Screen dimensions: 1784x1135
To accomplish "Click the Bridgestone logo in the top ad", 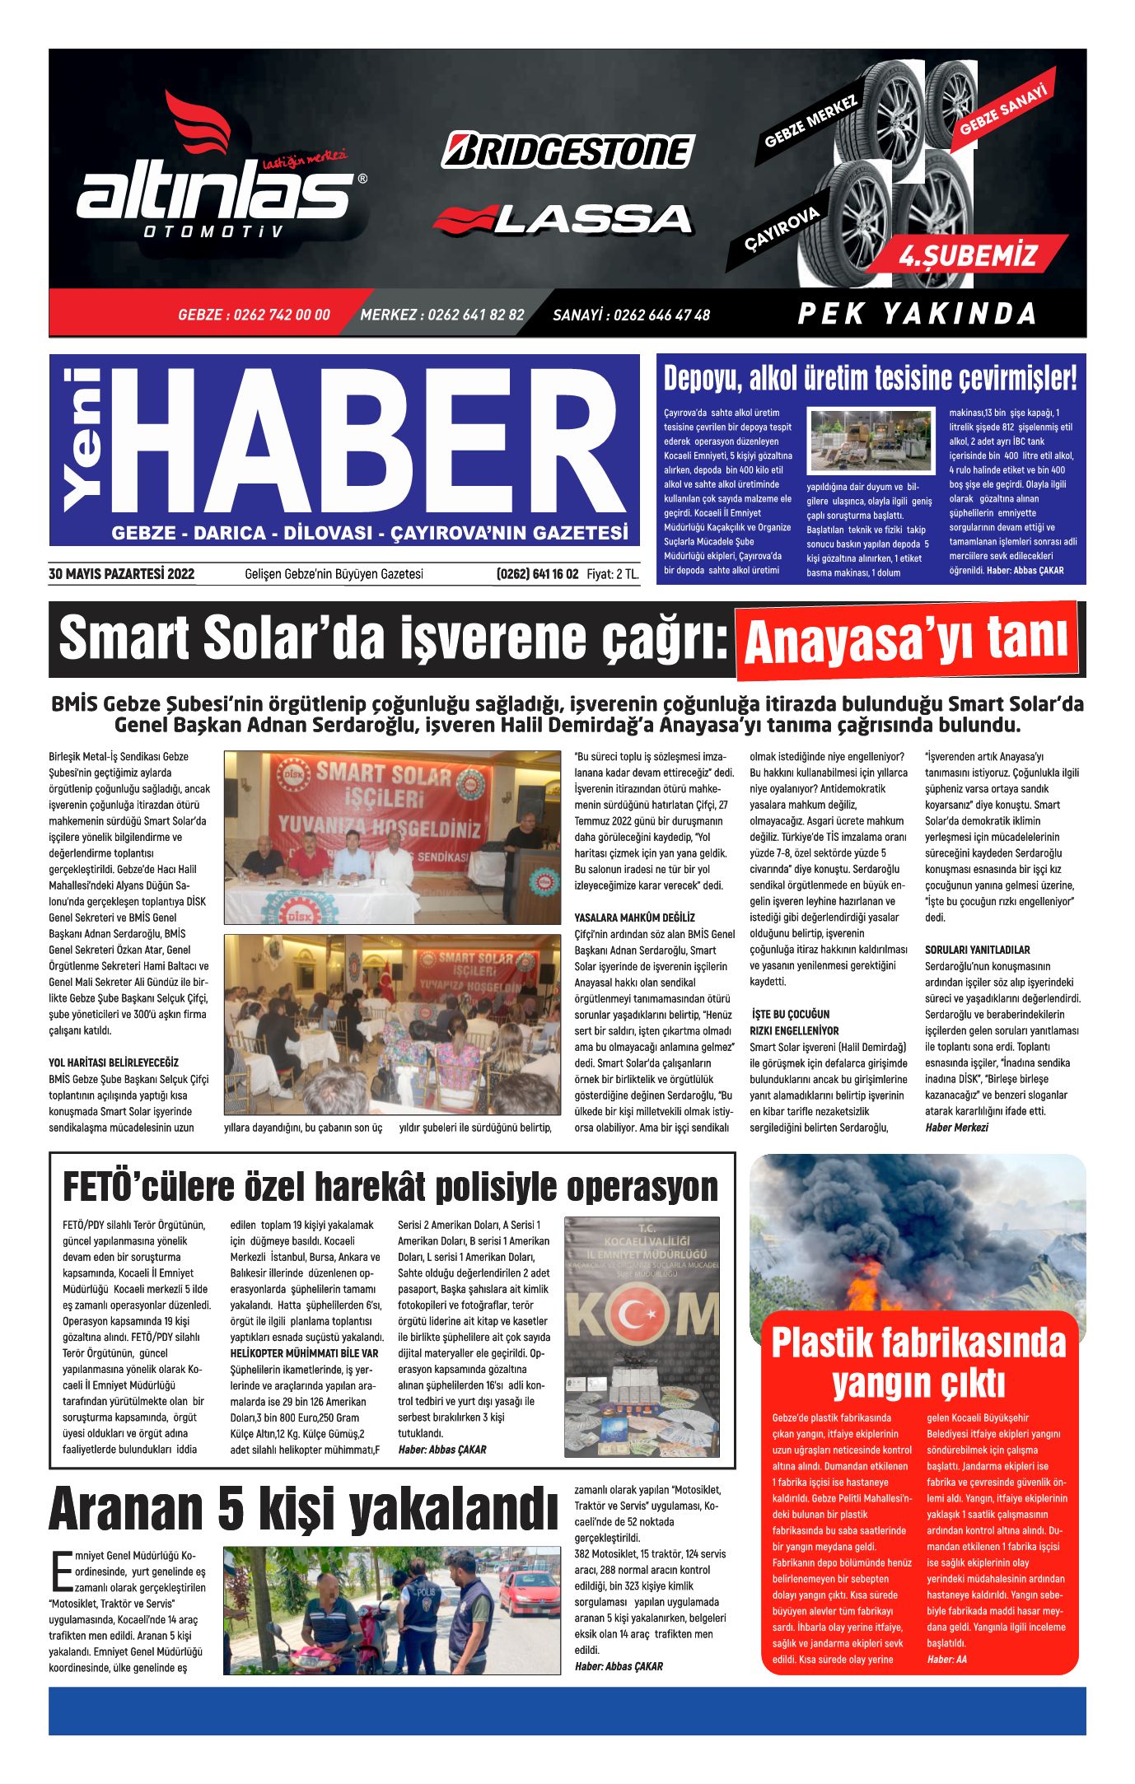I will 567,151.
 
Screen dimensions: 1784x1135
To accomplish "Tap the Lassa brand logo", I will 563,218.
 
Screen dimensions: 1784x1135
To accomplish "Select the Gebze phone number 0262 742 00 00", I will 254,315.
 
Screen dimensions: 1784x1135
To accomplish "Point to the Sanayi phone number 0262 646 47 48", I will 631,315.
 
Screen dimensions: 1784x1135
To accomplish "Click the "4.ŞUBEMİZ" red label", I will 967,256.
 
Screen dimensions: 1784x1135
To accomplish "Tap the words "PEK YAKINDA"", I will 917,314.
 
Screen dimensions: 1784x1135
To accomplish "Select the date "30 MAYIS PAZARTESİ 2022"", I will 122,574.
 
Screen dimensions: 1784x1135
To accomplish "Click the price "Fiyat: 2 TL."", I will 613,574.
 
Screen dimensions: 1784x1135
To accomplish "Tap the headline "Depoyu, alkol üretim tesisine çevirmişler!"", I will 870,379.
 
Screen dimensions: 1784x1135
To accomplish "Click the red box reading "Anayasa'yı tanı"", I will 906,639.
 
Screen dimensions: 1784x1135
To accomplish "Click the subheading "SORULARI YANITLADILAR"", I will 977,950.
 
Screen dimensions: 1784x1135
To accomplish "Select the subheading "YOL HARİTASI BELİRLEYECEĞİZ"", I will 114,1062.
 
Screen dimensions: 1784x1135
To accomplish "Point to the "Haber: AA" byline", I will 946,1659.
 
